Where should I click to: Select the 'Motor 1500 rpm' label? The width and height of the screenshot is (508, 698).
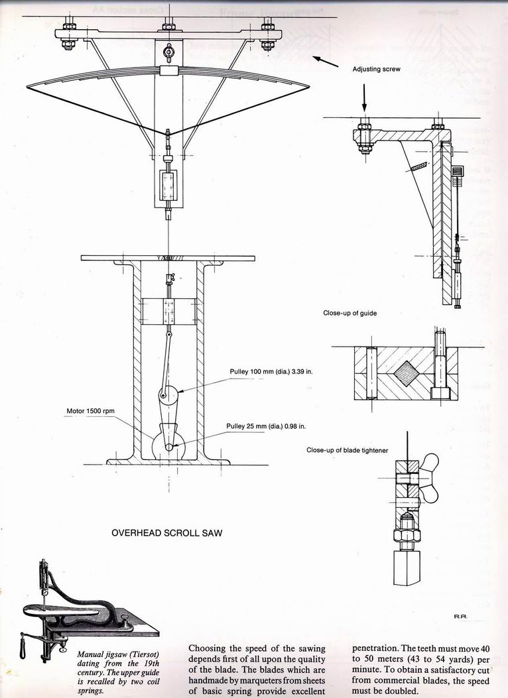point(90,411)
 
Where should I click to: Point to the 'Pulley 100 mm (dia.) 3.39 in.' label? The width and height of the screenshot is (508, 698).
point(271,371)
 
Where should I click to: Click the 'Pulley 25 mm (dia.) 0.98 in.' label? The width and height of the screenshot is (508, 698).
point(267,427)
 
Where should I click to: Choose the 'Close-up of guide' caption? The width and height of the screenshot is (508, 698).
point(349,314)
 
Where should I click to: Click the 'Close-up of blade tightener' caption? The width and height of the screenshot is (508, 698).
point(347,450)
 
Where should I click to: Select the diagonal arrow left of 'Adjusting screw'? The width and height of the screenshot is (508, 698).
point(324,62)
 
